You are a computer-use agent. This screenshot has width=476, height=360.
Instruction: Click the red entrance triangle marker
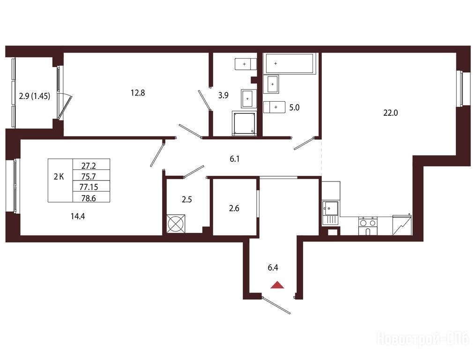pos(277,285)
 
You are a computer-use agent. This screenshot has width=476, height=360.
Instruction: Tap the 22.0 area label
pos(390,113)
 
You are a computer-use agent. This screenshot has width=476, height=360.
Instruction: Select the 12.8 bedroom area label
pos(138,93)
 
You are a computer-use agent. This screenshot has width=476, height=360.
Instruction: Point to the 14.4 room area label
pos(78,216)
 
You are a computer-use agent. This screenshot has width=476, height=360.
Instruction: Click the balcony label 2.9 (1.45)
pos(34,96)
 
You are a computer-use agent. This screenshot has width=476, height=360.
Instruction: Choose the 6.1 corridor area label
pos(235,159)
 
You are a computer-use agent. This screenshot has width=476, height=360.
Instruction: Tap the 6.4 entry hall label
pos(273,268)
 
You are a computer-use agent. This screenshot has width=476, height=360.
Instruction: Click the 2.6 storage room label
pos(234,209)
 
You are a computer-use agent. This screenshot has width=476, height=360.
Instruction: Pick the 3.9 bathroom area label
pos(223,96)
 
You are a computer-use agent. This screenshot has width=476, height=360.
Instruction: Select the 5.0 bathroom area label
pos(294,107)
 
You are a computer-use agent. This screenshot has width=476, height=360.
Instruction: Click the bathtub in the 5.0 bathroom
pos(290,63)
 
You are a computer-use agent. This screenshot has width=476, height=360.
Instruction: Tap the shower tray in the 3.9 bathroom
pos(244,123)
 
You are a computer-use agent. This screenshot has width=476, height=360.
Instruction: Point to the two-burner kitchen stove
pos(368,226)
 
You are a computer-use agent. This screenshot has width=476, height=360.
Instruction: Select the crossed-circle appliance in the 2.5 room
pos(176,224)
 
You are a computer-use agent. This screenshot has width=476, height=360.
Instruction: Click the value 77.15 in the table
pos(89,187)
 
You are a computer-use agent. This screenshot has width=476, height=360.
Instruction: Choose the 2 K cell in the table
pos(59,177)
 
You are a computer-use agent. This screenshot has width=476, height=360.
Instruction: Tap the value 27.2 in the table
pos(89,166)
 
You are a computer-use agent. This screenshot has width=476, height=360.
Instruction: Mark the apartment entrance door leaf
pos(276,305)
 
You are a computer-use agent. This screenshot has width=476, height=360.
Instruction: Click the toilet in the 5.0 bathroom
pos(274,107)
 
